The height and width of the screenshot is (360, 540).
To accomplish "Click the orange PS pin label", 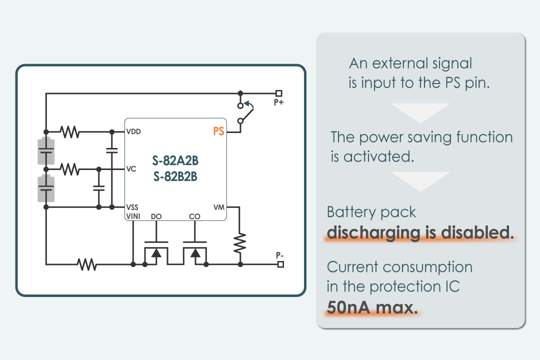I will click(x=218, y=131).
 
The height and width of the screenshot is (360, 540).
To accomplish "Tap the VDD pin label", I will click(x=134, y=132).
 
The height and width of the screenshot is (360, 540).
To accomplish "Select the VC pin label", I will click(x=131, y=169).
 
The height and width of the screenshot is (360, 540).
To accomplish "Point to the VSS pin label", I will click(x=132, y=207).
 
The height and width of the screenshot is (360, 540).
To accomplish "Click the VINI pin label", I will click(x=133, y=216).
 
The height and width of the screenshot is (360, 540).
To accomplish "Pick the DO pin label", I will click(x=156, y=216).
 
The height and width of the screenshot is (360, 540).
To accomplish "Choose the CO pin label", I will click(x=194, y=216).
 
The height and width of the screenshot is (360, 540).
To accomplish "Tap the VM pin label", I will click(x=219, y=207).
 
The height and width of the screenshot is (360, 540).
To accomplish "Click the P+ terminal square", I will click(x=279, y=93).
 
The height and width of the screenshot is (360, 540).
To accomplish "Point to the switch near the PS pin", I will click(x=244, y=112).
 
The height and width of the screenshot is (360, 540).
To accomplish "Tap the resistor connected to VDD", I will click(x=69, y=132).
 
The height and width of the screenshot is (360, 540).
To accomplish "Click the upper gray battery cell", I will click(x=46, y=150).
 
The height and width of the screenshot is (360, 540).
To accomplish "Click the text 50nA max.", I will click(x=372, y=307).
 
